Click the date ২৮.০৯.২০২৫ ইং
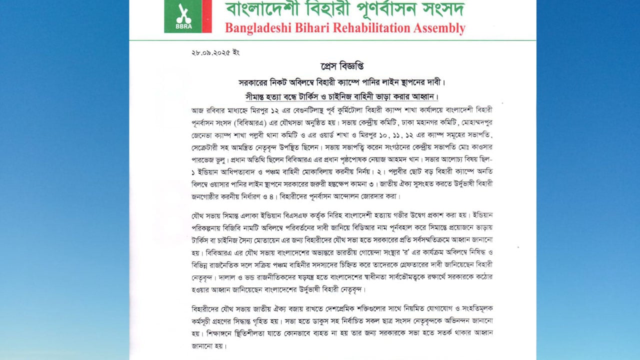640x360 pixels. (215, 52)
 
